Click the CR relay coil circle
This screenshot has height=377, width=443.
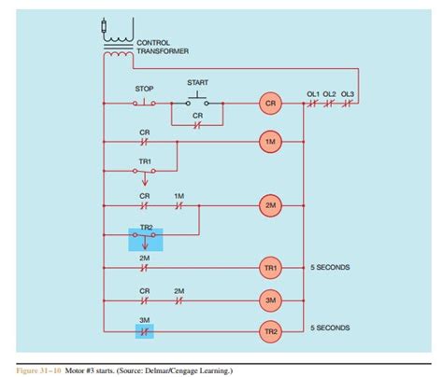(x=270, y=105)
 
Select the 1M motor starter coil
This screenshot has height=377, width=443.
(x=270, y=142)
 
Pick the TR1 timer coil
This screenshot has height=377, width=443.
(x=270, y=268)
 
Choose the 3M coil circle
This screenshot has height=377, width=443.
(x=270, y=300)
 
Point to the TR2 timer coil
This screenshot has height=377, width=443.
(x=270, y=331)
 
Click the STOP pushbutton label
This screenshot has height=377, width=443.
(x=144, y=89)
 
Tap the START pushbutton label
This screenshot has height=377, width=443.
(x=197, y=81)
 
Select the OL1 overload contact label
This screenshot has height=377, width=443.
(x=313, y=93)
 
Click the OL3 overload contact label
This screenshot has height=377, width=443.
(x=347, y=93)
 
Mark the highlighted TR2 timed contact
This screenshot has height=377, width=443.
(x=145, y=240)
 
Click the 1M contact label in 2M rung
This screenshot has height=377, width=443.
(x=179, y=195)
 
